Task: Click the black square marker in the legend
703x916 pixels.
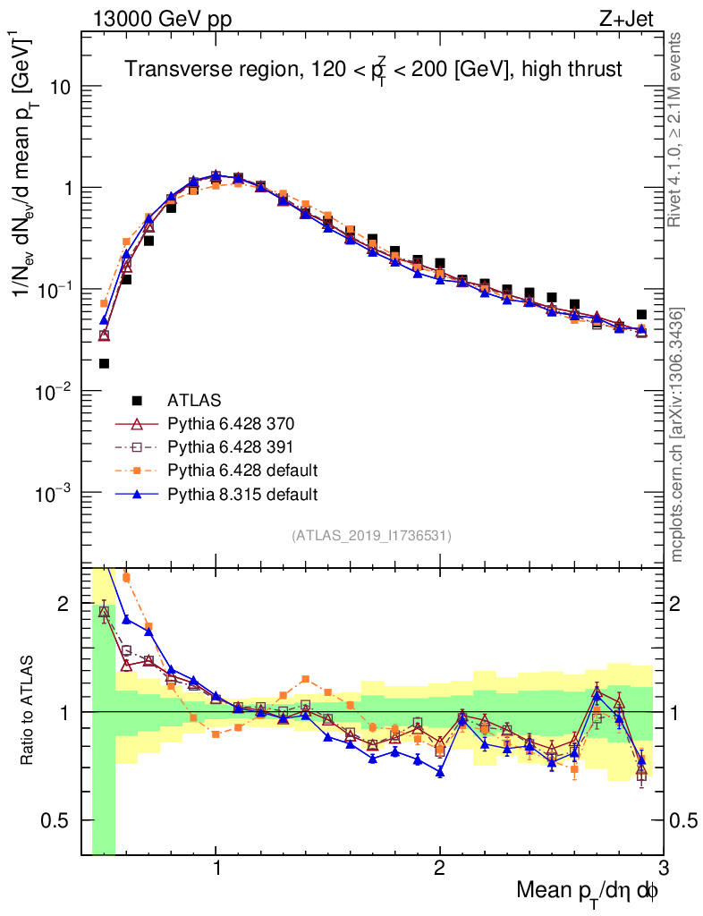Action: tap(137, 400)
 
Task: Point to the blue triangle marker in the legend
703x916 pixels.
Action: tap(137, 493)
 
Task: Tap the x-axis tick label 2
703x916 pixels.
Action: tap(439, 868)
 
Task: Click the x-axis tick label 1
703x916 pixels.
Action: tap(216, 868)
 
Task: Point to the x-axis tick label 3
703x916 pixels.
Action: tap(662, 868)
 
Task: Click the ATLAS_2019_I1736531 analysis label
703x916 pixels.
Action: tap(371, 536)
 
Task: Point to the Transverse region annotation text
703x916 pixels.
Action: tap(373, 69)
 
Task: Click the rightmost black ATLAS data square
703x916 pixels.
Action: tap(641, 315)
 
